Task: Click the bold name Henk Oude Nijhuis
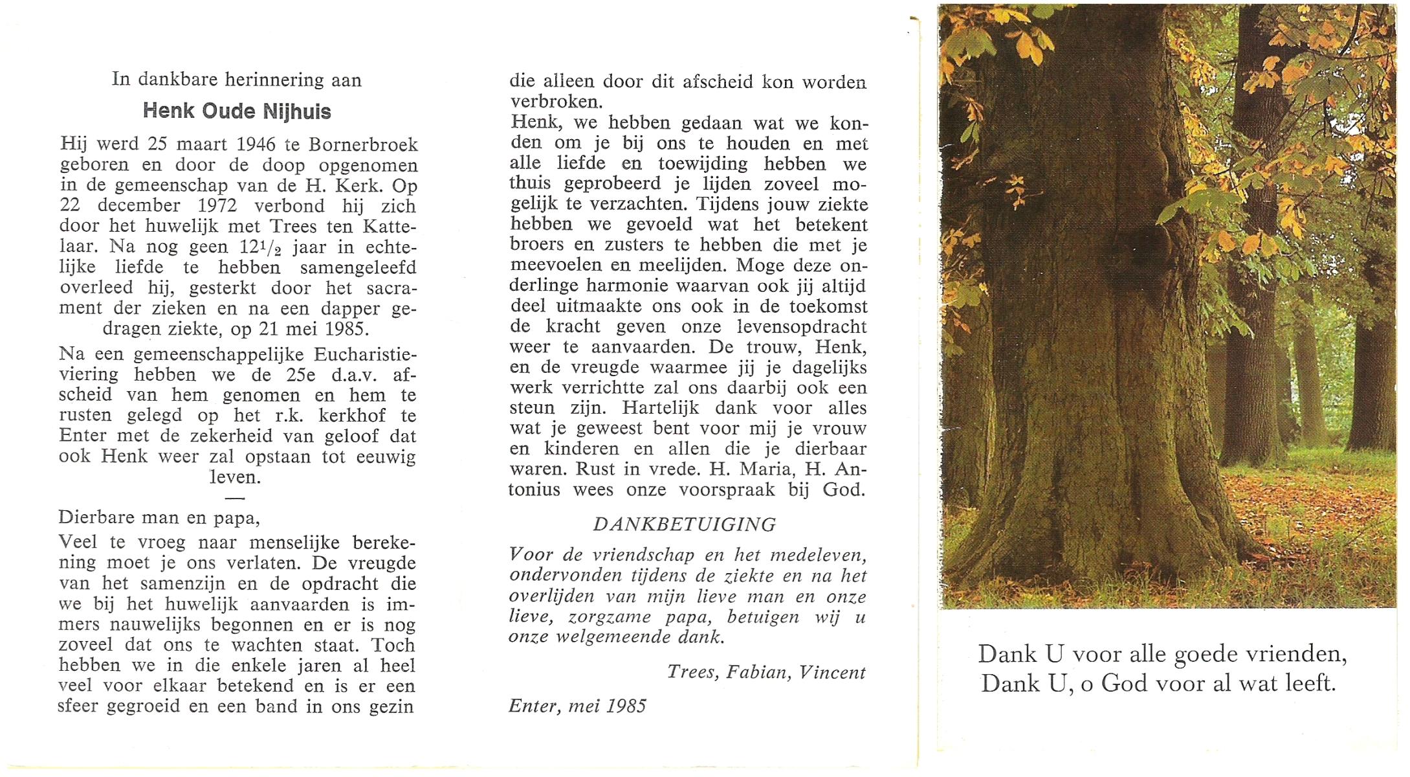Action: [x=237, y=111]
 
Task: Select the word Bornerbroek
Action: [x=363, y=144]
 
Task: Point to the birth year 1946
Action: [x=256, y=144]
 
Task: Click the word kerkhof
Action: [x=351, y=416]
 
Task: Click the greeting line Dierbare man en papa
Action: [x=159, y=517]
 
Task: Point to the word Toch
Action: [x=393, y=646]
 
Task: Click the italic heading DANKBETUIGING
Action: [x=685, y=524]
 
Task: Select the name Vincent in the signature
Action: [x=832, y=673]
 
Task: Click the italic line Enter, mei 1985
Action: [x=577, y=706]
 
